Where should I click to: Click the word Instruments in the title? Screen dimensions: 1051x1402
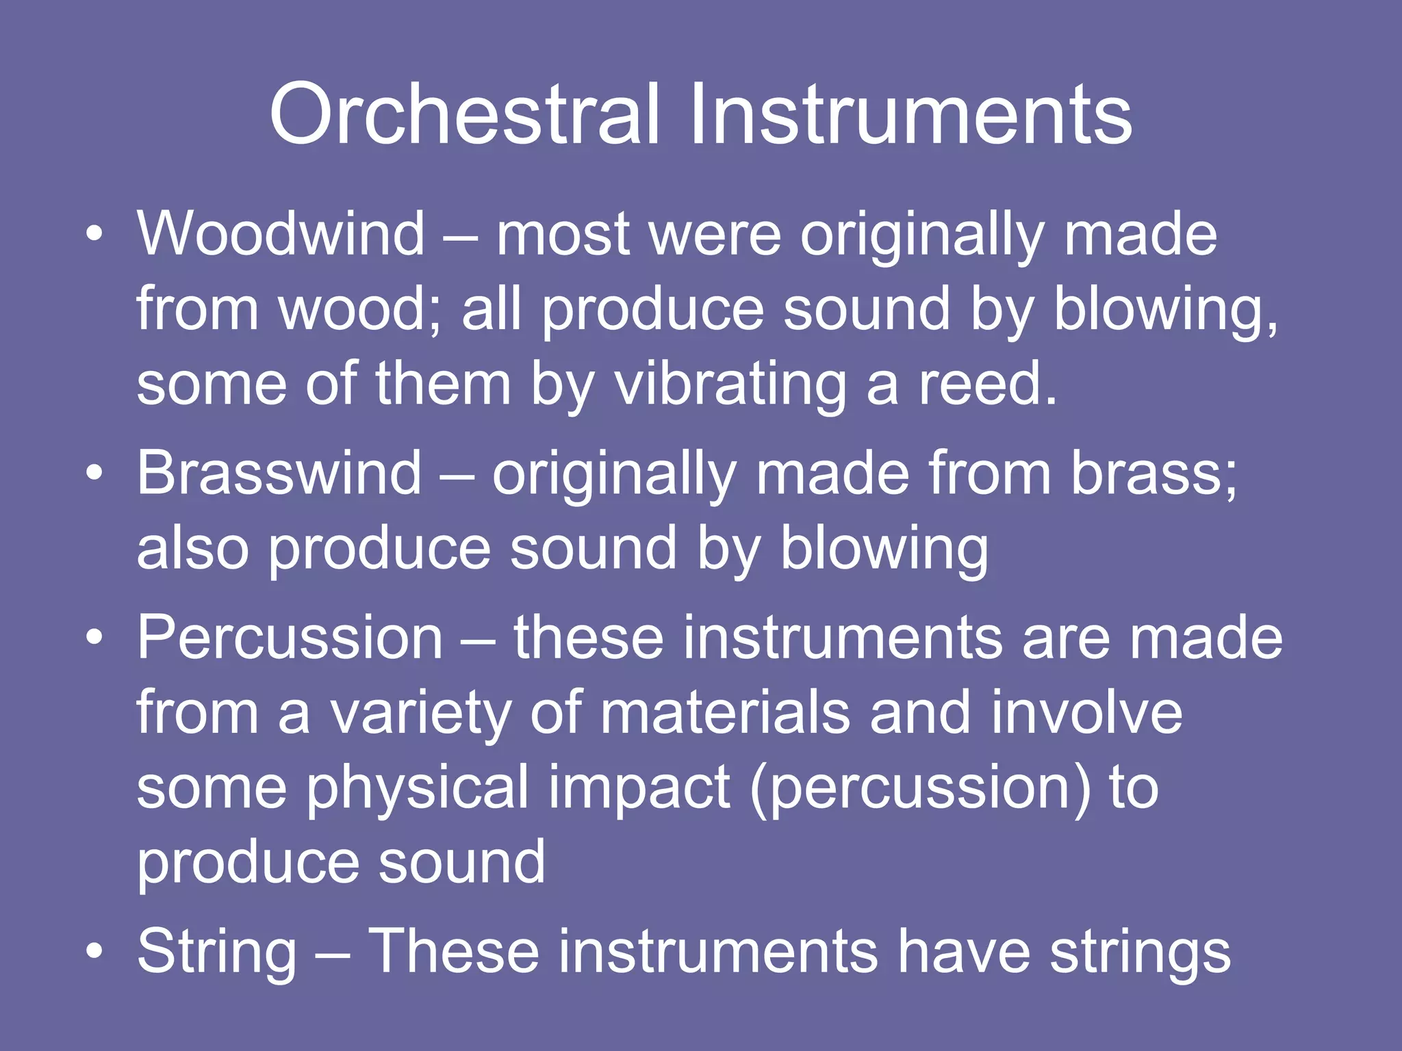pyautogui.click(x=910, y=114)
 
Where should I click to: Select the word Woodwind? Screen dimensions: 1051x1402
pyautogui.click(x=281, y=234)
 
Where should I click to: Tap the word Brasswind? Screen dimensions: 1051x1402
pyautogui.click(x=279, y=473)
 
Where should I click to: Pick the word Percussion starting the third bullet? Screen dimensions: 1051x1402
pyautogui.click(x=290, y=638)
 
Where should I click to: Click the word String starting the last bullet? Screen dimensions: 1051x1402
pyautogui.click(x=217, y=952)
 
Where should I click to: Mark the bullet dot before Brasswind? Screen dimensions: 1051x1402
pyautogui.click(x=95, y=474)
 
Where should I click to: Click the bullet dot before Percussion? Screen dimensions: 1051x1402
pyautogui.click(x=95, y=638)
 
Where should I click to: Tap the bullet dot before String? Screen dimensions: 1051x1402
pyautogui.click(x=95, y=952)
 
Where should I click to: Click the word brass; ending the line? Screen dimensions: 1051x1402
pyautogui.click(x=1154, y=473)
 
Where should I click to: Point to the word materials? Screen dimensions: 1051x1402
pyautogui.click(x=725, y=713)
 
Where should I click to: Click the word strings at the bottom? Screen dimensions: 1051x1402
pyautogui.click(x=1140, y=952)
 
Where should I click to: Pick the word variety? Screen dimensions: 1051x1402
pyautogui.click(x=421, y=713)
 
